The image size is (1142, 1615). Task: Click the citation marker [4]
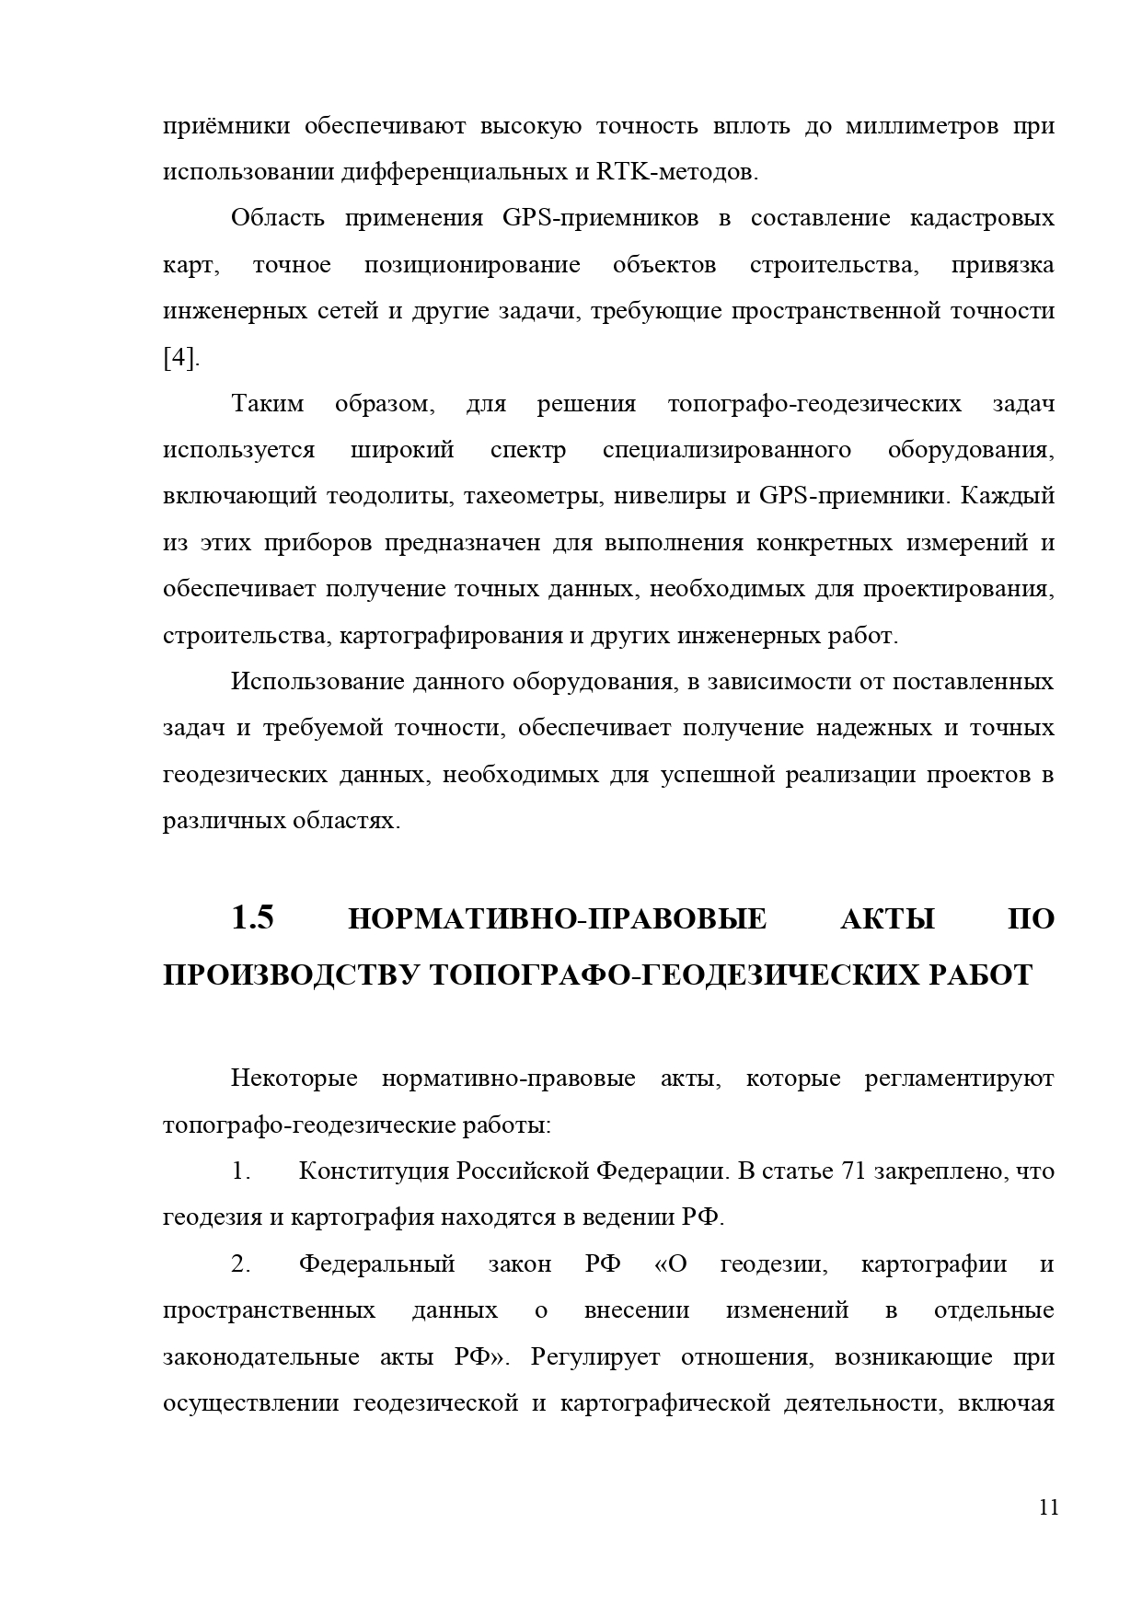click(x=181, y=358)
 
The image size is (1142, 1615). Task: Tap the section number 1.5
click(x=252, y=917)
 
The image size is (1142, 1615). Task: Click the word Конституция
click(x=375, y=1171)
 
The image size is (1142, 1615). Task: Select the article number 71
click(x=851, y=1171)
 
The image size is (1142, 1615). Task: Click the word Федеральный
click(x=376, y=1263)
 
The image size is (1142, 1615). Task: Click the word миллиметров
click(x=921, y=126)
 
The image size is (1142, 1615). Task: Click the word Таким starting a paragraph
click(x=267, y=404)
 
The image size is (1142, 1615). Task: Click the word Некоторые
click(x=294, y=1078)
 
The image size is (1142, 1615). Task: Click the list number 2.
click(x=241, y=1263)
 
